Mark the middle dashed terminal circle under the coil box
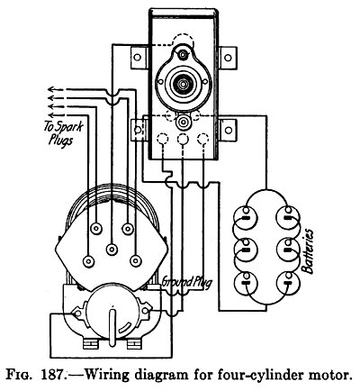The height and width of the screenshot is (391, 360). pos(184,142)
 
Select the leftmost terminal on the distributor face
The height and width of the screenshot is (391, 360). pos(88,261)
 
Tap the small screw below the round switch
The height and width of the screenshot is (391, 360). pos(183,120)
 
